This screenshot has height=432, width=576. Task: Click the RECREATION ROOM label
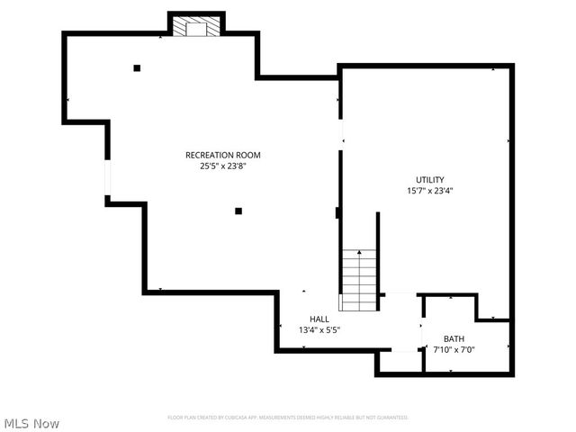point(222,155)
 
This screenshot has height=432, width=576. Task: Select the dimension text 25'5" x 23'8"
point(222,166)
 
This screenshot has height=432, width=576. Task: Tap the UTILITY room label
point(429,179)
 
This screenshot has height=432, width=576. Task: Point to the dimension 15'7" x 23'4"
point(429,190)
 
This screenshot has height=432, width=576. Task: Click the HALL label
point(319,319)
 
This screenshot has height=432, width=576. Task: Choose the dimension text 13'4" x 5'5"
point(319,329)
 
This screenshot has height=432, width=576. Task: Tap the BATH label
point(454,338)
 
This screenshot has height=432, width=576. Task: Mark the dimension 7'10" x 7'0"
point(454,349)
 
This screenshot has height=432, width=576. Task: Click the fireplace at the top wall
point(196,27)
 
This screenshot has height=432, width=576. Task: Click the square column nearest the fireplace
point(137,67)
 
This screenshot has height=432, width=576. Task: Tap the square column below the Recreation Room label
point(238,211)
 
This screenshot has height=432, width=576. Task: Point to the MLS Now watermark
point(31,422)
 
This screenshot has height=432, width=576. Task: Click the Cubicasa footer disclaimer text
point(288,418)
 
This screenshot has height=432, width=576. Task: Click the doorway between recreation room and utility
point(339,127)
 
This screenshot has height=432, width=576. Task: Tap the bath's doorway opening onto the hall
point(422,333)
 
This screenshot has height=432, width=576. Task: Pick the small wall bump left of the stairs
point(337,213)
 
